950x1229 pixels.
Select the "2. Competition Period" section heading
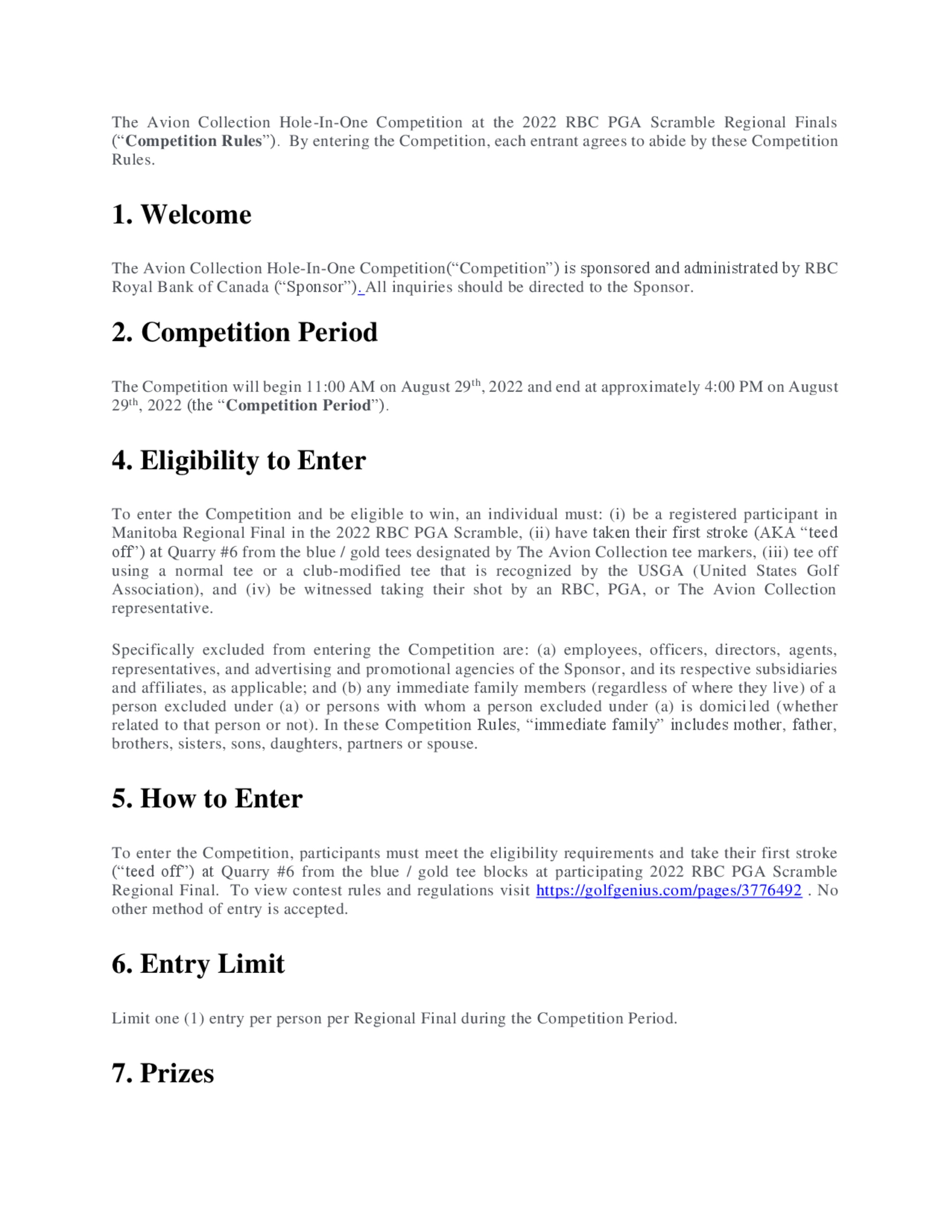(244, 332)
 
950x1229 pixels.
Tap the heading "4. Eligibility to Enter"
(238, 460)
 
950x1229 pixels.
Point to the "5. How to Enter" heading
(207, 798)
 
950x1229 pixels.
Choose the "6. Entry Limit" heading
(198, 964)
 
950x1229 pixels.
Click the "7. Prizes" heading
(162, 1073)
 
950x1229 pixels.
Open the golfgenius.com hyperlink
(669, 891)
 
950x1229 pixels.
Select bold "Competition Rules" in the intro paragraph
(194, 141)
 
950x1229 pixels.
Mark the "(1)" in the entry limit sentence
(194, 1019)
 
